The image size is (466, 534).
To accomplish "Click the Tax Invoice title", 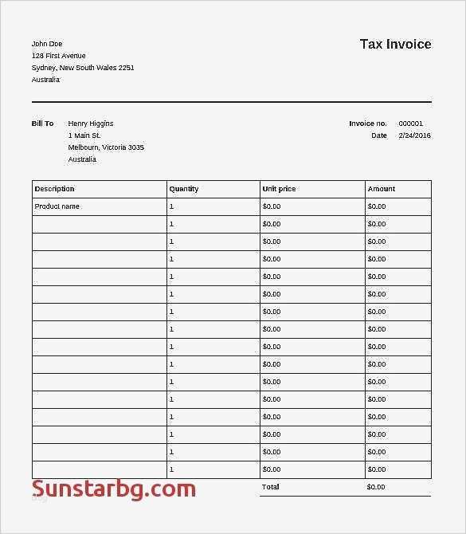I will pos(395,44).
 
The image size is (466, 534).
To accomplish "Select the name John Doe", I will pos(47,44).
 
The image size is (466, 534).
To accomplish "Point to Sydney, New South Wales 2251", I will pos(83,68).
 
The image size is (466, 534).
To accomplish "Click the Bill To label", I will pos(43,124).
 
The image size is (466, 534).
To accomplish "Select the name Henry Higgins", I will pos(91,124).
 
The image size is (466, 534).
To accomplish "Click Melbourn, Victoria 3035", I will pos(106,147).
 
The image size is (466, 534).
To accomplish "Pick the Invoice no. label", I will pos(368,124).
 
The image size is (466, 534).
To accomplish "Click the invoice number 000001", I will pos(411,124).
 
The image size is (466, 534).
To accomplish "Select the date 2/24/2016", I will pos(414,135).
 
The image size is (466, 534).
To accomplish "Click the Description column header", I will pos(55,189).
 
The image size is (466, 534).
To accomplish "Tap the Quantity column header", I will pos(184,189).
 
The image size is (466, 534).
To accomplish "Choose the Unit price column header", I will pos(279,189).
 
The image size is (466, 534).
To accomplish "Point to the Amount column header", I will pos(382,189).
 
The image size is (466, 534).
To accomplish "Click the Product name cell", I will pos(57,206).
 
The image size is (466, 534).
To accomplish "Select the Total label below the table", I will pos(271,487).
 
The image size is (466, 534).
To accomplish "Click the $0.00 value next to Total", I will pos(376,487).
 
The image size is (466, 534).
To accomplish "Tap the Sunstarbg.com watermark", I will pos(114,488).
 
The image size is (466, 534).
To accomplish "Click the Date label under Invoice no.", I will pos(379,135).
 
